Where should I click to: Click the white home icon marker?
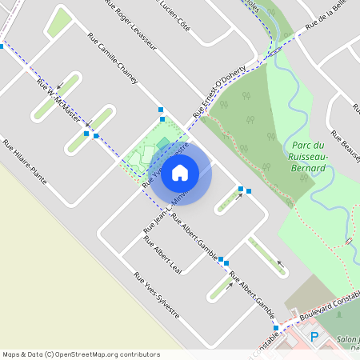click(x=180, y=172)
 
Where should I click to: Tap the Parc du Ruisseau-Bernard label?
click(x=308, y=156)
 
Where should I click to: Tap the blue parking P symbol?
click(x=314, y=337)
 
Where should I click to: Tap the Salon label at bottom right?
click(x=347, y=340)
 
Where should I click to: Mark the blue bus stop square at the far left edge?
click(x=2, y=46)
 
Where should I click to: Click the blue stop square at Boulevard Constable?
click(x=275, y=328)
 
